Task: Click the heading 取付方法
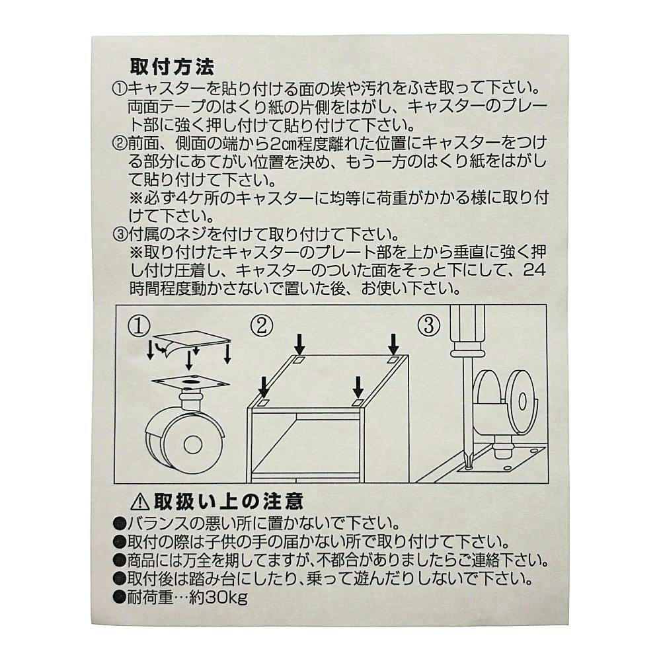pos(172,66)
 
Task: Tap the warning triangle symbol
pos(140,502)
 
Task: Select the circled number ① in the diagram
pos(139,326)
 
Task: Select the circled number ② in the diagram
pos(262,326)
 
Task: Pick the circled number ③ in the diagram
pos(429,326)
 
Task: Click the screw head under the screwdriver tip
pos(469,467)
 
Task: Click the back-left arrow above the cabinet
pos(299,344)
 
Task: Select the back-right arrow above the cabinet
pos(393,344)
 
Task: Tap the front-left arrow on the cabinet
pos(264,387)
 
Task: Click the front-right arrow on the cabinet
pos(358,387)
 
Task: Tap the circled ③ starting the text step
pos(120,233)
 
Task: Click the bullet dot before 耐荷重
pos(120,598)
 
